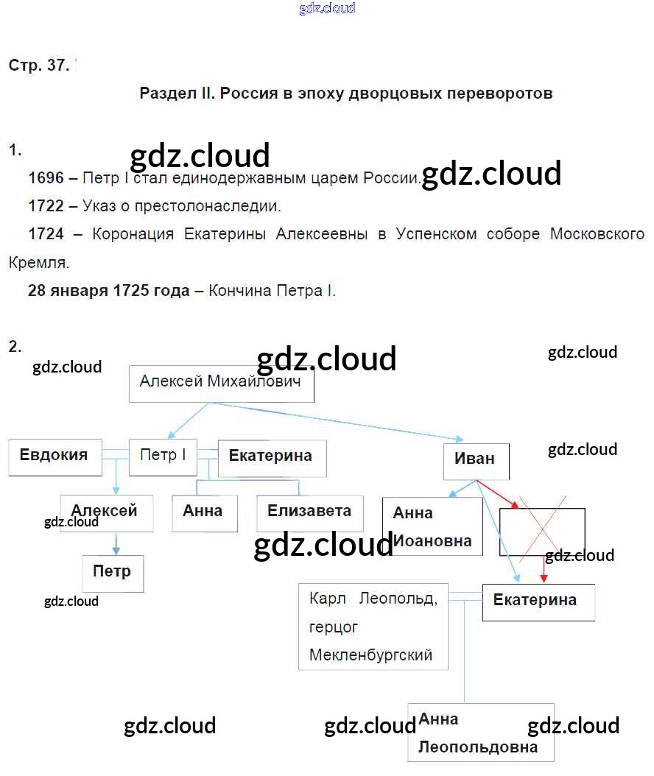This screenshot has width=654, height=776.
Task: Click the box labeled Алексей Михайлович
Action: (x=221, y=384)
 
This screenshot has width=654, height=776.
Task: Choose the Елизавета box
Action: (x=309, y=512)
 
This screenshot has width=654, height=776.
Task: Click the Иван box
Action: (x=474, y=460)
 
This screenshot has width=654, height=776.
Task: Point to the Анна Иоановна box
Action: (x=432, y=526)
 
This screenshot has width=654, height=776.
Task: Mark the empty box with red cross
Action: (x=542, y=531)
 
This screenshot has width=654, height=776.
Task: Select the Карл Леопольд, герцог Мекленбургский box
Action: (x=373, y=627)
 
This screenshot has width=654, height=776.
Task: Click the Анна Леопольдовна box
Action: (x=480, y=733)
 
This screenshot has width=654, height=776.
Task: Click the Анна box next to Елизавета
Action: (x=203, y=512)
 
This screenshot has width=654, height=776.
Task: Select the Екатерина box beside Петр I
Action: (x=271, y=457)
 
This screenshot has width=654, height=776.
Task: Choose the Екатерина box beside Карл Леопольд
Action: (x=538, y=602)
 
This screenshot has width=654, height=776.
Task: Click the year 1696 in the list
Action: (x=46, y=178)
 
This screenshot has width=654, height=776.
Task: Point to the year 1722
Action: (x=46, y=206)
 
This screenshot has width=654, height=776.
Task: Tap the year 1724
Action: (x=46, y=234)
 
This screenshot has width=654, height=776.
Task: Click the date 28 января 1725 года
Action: (x=108, y=291)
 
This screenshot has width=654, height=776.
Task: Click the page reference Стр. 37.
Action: (x=39, y=66)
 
